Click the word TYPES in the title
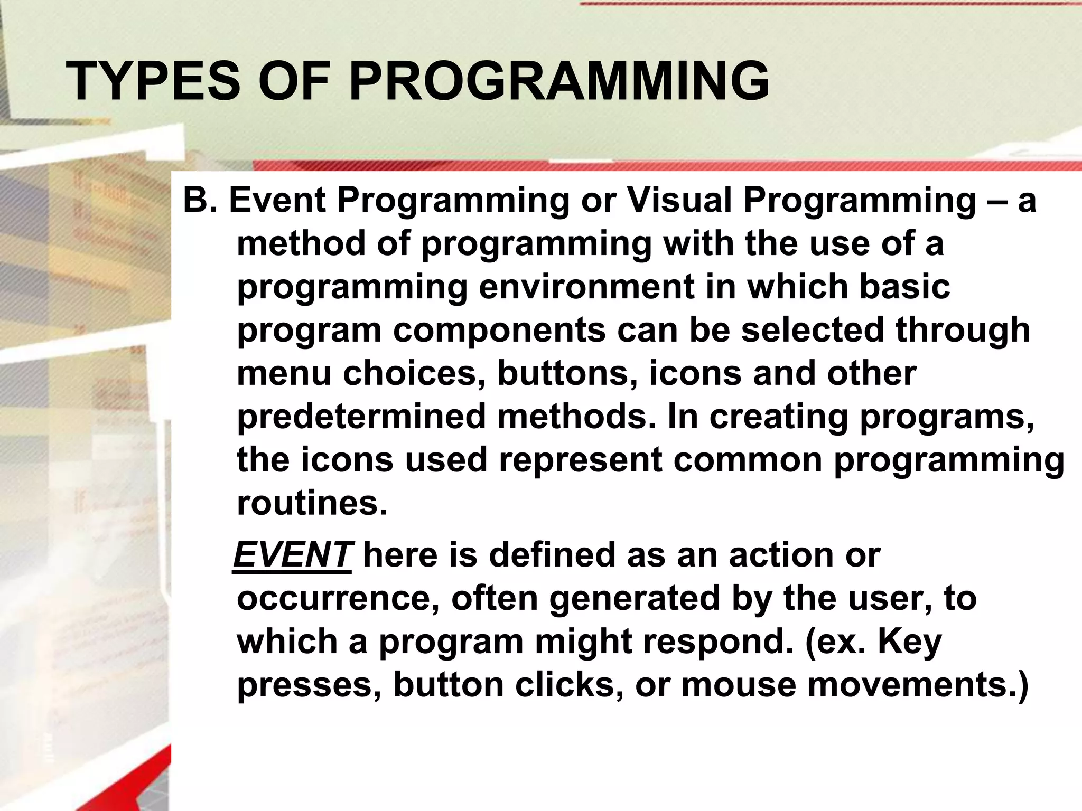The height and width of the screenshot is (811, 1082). (x=153, y=81)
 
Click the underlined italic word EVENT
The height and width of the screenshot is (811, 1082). (x=292, y=555)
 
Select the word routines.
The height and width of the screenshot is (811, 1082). (x=312, y=504)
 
